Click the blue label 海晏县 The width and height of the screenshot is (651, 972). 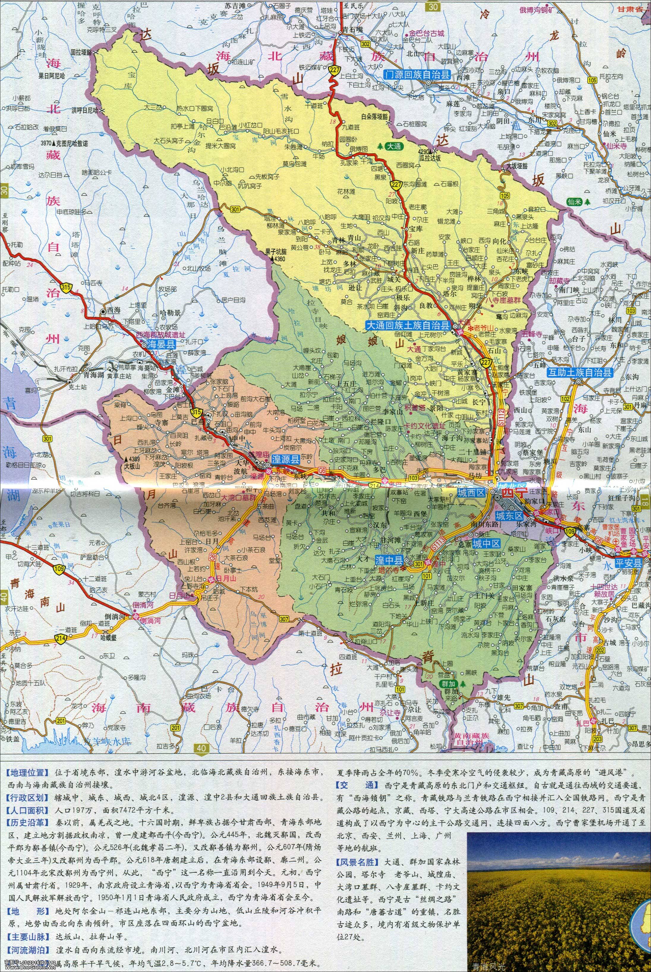[x=160, y=344]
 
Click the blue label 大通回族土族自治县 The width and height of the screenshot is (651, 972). [x=408, y=325]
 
